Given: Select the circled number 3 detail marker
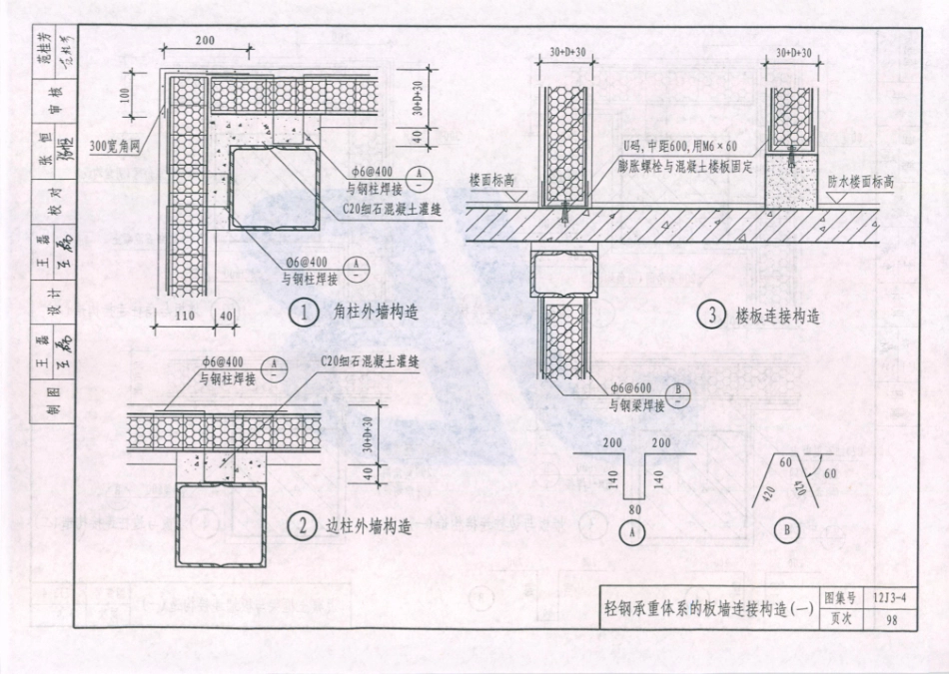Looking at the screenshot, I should pyautogui.click(x=710, y=317).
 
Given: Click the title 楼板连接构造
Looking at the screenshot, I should pyautogui.click(x=778, y=317).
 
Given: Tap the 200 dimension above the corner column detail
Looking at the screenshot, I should pyautogui.click(x=204, y=41).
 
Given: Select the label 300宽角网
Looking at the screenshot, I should pyautogui.click(x=115, y=145).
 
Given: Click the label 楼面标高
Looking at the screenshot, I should pyautogui.click(x=491, y=180).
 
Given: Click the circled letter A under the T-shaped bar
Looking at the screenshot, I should pyautogui.click(x=631, y=532).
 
